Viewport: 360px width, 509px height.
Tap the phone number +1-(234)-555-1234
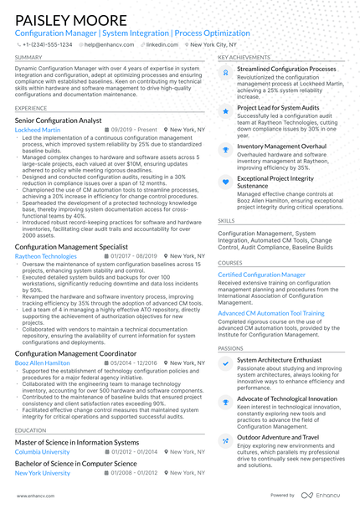pos(49,44)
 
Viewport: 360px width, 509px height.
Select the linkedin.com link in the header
pos(149,44)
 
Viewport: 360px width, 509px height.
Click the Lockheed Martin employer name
pos(38,131)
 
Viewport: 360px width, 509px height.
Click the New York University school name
pos(43,473)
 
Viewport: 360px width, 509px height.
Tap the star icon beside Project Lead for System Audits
pos(224,110)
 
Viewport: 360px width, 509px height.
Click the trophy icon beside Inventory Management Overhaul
pos(224,147)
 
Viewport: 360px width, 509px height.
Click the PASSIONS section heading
pos(230,347)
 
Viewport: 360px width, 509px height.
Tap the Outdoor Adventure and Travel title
pos(277,437)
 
